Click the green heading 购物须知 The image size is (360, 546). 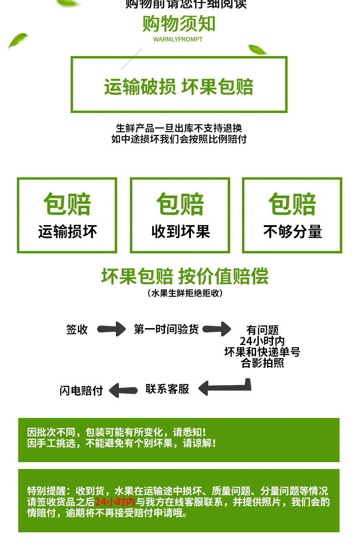pyautogui.click(x=179, y=24)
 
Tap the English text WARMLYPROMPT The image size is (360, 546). pyautogui.click(x=178, y=40)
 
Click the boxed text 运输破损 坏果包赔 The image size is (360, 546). pyautogui.click(x=179, y=87)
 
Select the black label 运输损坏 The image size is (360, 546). pyautogui.click(x=67, y=232)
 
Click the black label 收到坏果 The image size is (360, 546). pyautogui.click(x=180, y=232)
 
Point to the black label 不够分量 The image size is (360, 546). pyautogui.click(x=293, y=232)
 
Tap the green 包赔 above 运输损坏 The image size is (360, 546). pyautogui.click(x=67, y=204)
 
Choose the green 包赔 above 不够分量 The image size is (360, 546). pyautogui.click(x=293, y=204)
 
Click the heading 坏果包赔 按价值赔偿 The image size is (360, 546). pyautogui.click(x=185, y=276)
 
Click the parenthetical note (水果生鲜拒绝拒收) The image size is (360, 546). pyautogui.click(x=185, y=293)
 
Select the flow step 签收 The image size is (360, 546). pyautogui.click(x=77, y=329)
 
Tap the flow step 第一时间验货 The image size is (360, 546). pyautogui.click(x=166, y=329)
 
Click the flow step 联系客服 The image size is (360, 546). pyautogui.click(x=167, y=389)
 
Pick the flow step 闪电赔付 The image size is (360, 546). pyautogui.click(x=81, y=391)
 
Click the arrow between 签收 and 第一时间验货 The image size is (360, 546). pyautogui.click(x=111, y=329)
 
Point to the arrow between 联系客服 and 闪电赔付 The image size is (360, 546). pyautogui.click(x=123, y=390)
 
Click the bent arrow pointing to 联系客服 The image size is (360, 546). pyautogui.click(x=225, y=387)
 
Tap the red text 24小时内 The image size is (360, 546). pyautogui.click(x=115, y=502)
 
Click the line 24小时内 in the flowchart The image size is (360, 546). pyautogui.click(x=262, y=341)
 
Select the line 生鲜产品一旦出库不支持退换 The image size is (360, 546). pyautogui.click(x=179, y=128)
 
